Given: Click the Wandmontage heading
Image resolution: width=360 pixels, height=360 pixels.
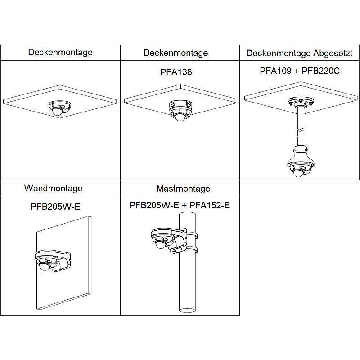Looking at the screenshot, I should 53,188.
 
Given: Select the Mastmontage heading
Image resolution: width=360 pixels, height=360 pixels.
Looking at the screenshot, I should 183,189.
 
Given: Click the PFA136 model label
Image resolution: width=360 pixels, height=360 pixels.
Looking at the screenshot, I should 176,72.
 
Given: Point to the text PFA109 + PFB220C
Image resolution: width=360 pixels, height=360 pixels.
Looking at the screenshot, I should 300,72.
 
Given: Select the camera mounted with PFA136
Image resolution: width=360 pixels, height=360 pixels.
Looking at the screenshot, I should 179,111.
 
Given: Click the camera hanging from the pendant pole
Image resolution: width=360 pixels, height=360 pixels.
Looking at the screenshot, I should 299,164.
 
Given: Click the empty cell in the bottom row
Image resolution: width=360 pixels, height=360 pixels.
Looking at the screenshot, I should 300,247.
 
